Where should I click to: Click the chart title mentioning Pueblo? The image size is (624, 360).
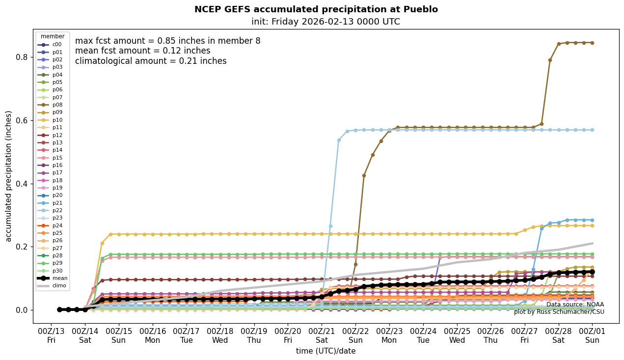click(x=316, y=9)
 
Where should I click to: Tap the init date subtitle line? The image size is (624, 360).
click(x=326, y=22)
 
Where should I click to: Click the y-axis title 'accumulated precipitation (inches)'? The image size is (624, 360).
click(x=9, y=176)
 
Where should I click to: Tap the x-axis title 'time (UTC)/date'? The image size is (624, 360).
click(x=326, y=351)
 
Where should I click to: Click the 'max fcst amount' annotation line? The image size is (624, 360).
click(x=167, y=41)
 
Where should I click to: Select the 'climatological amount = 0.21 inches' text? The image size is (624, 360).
click(x=151, y=61)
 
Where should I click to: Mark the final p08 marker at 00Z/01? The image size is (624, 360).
click(x=592, y=43)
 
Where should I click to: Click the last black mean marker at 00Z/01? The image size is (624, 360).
click(x=592, y=272)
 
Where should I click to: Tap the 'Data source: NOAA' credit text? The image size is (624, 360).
click(x=575, y=305)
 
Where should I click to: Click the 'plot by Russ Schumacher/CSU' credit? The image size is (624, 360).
click(x=559, y=312)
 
